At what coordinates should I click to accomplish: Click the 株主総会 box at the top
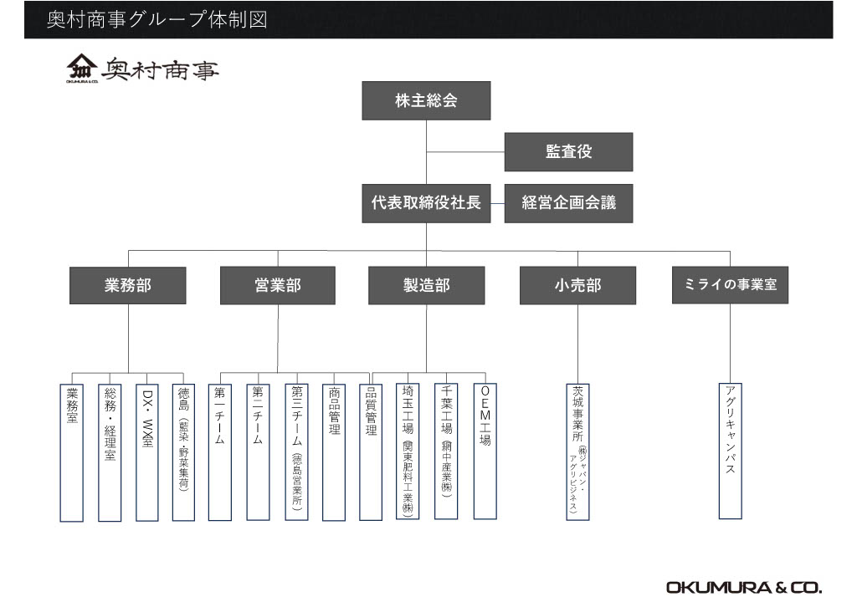pos(426,101)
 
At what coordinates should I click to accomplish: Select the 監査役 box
pos(568,152)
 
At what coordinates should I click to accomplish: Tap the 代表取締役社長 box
pos(426,203)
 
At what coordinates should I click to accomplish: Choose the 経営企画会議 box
pos(568,203)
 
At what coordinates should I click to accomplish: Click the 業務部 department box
pos(128,285)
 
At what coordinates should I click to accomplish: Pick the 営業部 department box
pos(277,285)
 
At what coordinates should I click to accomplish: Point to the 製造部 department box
pos(426,285)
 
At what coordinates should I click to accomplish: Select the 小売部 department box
pos(577,285)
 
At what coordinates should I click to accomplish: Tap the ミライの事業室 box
pos(730,285)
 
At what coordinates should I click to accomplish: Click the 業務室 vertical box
pos(72,451)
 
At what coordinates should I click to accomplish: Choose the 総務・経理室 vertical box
pos(110,451)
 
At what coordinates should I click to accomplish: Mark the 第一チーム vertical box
pos(220,451)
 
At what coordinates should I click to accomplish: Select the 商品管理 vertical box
pos(334,451)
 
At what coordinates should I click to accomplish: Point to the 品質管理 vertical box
pos(371,451)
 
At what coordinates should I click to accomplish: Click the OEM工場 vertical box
pos(485,451)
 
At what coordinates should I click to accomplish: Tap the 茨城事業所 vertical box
pos(577,451)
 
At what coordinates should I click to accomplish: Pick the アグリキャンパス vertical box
pos(730,451)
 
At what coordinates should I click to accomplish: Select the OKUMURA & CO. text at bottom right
pos(744,586)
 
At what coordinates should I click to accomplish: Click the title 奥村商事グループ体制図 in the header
pos(157,19)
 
